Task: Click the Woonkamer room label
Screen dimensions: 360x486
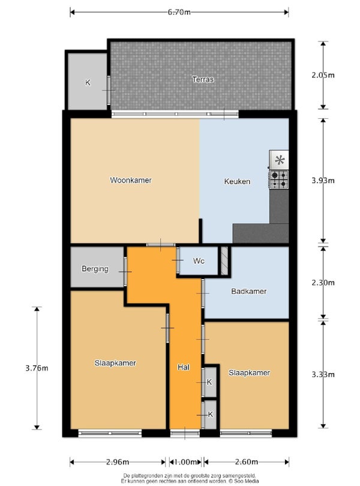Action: [x=131, y=180]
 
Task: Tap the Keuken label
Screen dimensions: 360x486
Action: [x=237, y=181]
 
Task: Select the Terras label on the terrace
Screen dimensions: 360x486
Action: [x=203, y=79]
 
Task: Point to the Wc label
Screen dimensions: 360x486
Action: [x=199, y=261]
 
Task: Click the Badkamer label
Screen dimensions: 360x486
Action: [x=249, y=292]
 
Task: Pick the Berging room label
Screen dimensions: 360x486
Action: [x=95, y=269]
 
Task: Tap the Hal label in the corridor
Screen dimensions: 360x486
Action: [x=184, y=367]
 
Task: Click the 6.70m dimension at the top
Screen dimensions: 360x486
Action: [x=179, y=13]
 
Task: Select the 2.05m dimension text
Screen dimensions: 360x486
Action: [x=323, y=75]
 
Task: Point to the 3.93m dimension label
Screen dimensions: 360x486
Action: [x=323, y=181]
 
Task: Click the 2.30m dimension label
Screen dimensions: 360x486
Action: [x=323, y=283]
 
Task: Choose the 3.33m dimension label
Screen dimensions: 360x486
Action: [x=323, y=374]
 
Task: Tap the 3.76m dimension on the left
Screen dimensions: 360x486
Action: [x=37, y=368]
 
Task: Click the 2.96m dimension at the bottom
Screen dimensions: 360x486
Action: [x=118, y=462]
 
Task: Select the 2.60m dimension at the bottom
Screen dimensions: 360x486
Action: [x=247, y=462]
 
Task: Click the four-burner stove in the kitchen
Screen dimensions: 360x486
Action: [x=279, y=180]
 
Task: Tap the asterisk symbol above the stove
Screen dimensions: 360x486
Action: [x=280, y=160]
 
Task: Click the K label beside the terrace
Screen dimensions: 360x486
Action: [x=88, y=83]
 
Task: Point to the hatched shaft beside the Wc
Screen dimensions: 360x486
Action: [x=224, y=260]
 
